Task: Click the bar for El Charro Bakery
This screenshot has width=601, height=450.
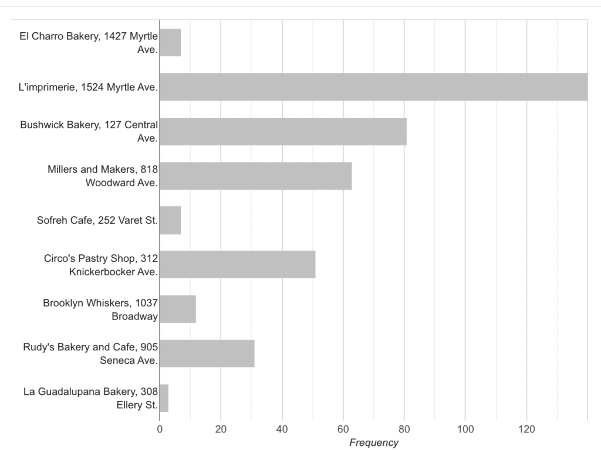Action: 171,42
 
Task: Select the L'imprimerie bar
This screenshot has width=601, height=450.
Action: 374,87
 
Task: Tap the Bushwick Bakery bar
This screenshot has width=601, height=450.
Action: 283,131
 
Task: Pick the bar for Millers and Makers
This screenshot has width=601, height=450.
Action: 256,176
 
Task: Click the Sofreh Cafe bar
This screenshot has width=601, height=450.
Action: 171,220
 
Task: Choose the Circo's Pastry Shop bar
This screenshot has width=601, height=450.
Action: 238,264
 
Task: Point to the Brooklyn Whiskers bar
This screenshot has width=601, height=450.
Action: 178,309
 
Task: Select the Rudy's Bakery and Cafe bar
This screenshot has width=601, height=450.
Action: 207,353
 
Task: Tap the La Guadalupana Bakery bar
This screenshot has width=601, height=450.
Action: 164,398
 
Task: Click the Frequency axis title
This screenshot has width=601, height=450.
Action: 374,443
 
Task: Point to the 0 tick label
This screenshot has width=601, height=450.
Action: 160,429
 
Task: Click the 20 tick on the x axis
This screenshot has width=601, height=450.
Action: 221,429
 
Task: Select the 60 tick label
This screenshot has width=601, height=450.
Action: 343,429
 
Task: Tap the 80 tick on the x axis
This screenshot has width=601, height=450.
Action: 404,429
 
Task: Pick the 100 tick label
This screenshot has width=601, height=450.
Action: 465,429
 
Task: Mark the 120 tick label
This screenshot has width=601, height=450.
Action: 526,429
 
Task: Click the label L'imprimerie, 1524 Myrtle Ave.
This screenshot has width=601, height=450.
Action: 88,87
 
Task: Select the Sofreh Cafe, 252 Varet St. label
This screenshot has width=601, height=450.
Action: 97,220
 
